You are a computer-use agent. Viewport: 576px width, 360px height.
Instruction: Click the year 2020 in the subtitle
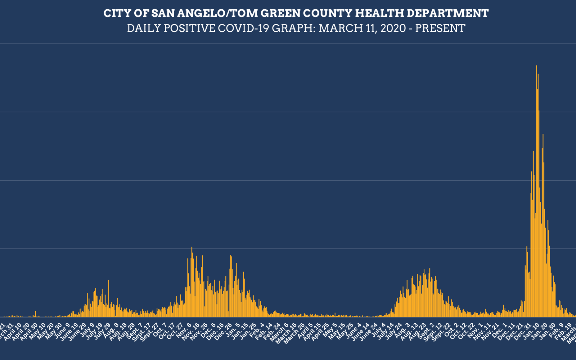(393, 28)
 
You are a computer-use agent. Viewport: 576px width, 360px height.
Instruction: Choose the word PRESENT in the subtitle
(440, 28)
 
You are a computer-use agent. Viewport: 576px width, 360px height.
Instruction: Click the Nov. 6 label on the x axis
(184, 330)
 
